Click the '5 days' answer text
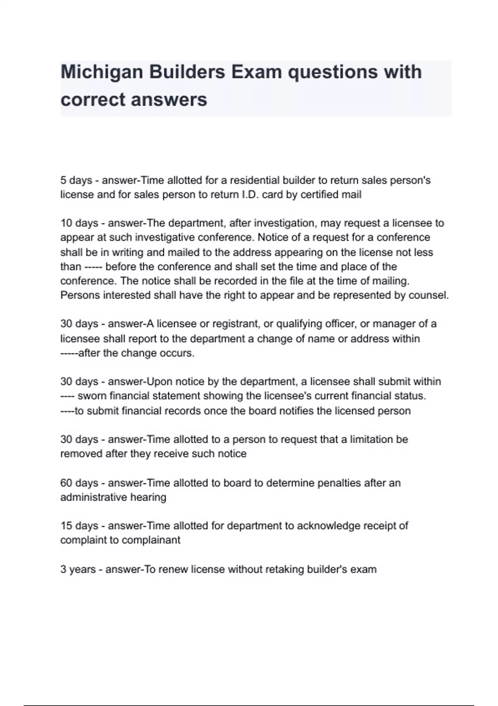(x=76, y=181)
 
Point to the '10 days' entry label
(x=79, y=223)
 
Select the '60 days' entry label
(x=79, y=483)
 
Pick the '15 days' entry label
(x=79, y=526)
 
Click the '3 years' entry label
(x=78, y=569)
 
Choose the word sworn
(x=92, y=396)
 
